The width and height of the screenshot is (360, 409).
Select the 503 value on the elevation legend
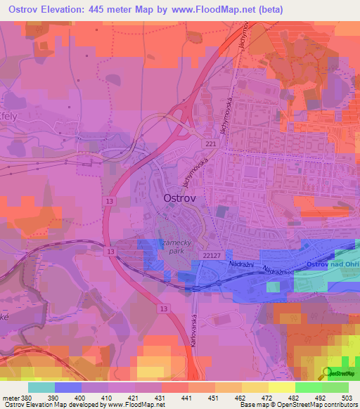coord(347,398)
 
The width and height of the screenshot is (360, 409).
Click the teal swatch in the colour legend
coord(41,387)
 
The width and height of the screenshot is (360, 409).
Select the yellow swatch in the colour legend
coord(281,387)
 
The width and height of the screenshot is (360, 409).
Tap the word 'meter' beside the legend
coord(10,398)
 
